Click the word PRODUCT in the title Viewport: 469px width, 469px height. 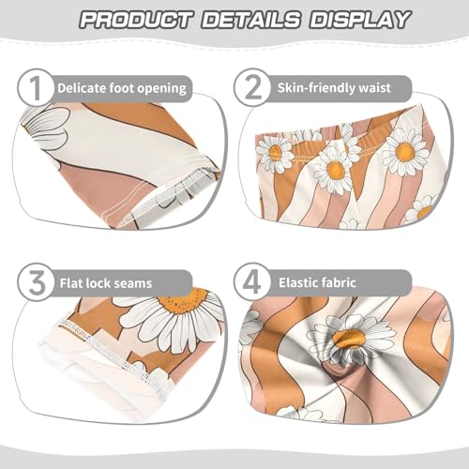pyautogui.click(x=137, y=20)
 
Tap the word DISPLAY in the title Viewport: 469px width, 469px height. pyautogui.click(x=358, y=20)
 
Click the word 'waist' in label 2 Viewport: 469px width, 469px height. pyautogui.click(x=390, y=89)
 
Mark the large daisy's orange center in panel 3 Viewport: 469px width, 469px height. pyautogui.click(x=183, y=302)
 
